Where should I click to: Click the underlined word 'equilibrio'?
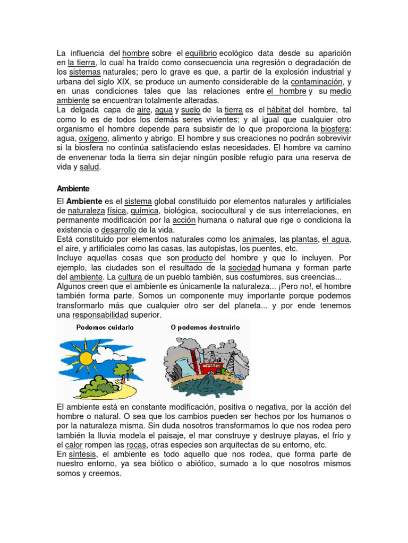coord(201,54)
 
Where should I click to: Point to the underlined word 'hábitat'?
coord(276,110)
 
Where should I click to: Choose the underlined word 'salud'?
coord(89,167)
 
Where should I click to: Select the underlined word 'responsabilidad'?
coord(100,315)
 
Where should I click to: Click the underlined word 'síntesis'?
coord(81,455)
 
